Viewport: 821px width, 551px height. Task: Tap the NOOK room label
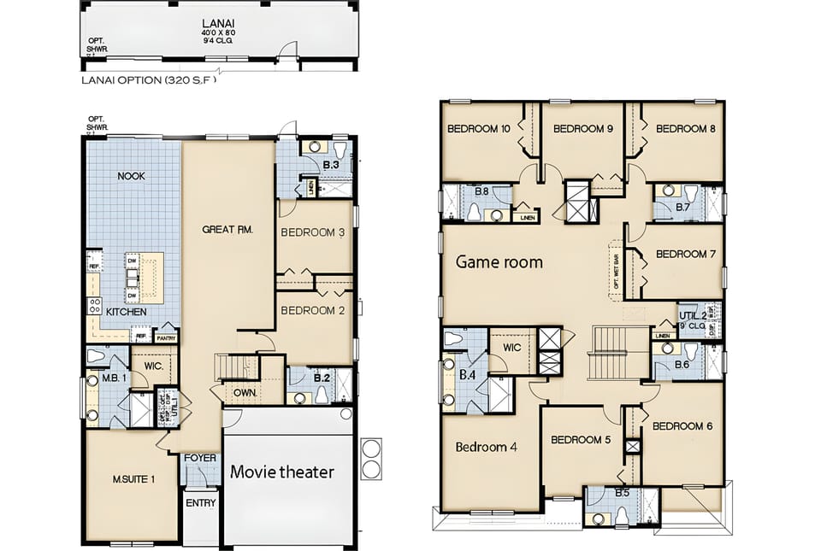point(131,176)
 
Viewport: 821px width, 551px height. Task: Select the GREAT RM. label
point(225,229)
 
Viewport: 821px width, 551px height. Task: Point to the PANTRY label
point(166,337)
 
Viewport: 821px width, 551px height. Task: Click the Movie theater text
point(282,472)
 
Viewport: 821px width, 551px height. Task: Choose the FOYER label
point(200,459)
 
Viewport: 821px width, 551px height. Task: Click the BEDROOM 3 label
point(313,232)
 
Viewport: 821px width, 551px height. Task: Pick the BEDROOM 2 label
point(313,310)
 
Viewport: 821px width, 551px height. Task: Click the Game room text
point(499,262)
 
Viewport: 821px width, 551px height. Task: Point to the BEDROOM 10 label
point(479,129)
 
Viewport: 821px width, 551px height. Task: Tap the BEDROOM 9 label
point(583,129)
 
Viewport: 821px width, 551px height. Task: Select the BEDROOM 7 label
point(685,254)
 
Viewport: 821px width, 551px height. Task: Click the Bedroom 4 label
point(486,447)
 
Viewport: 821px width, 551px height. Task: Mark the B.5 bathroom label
point(622,493)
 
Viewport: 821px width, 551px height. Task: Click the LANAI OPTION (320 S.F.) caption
point(149,82)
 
